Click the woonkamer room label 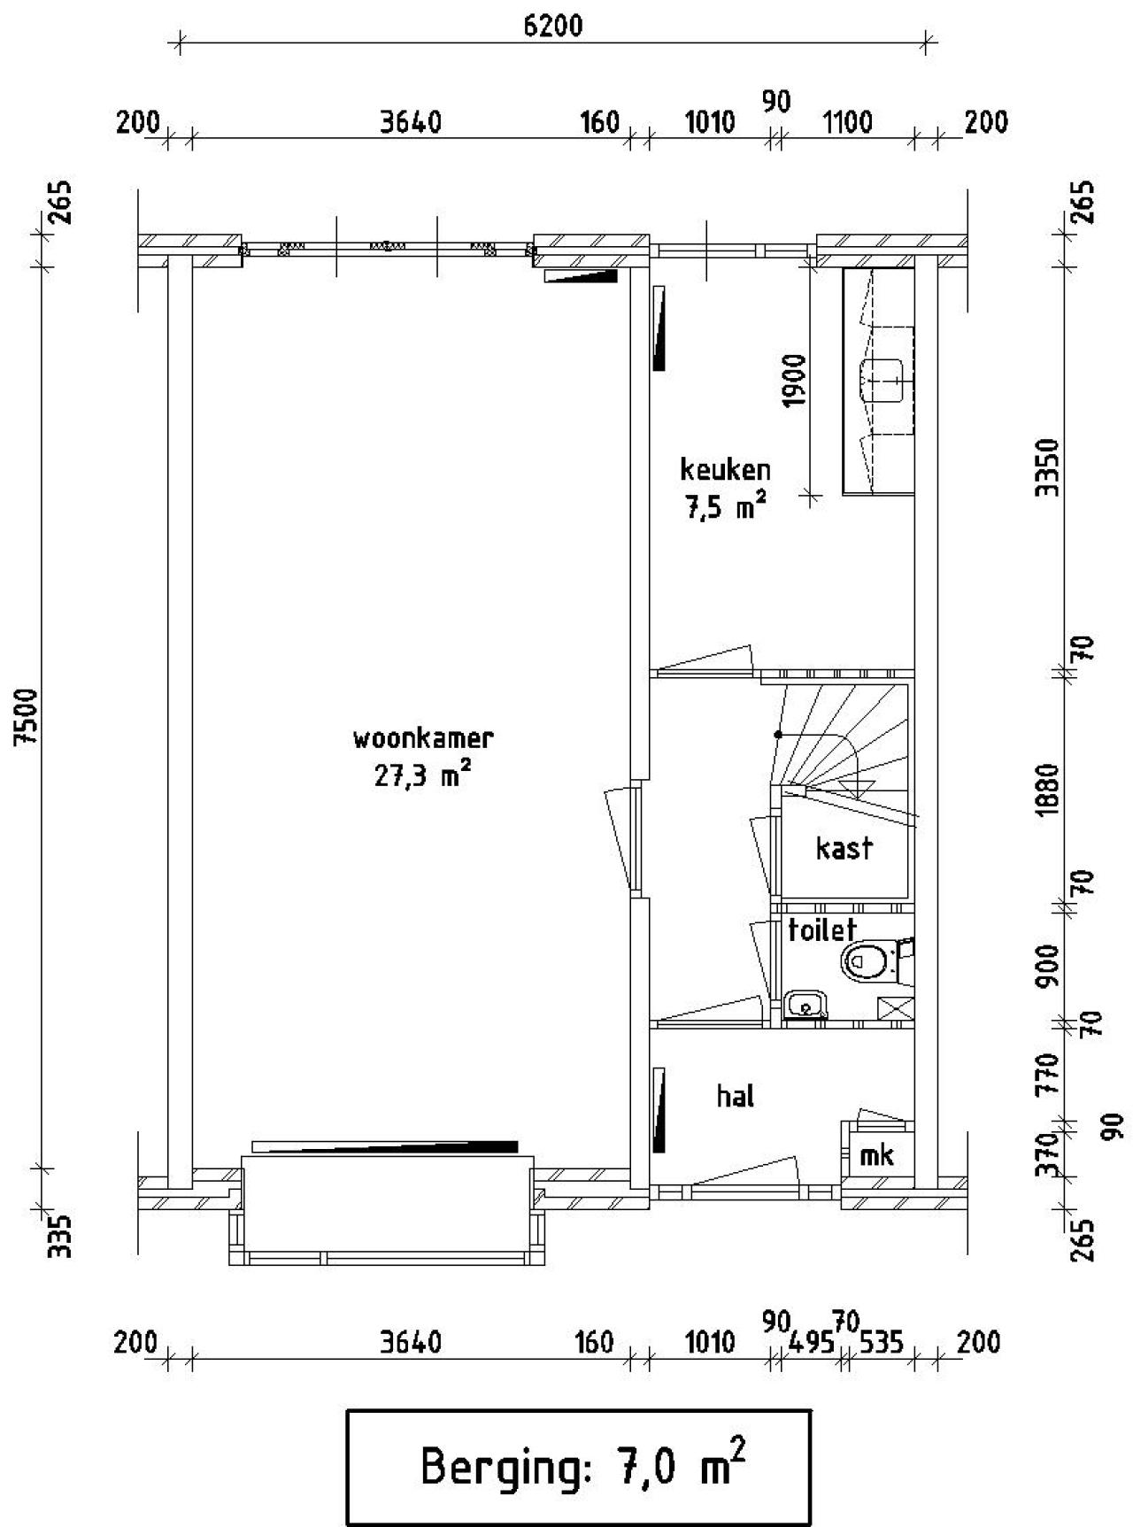pyautogui.click(x=422, y=737)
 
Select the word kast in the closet pyautogui.click(x=844, y=848)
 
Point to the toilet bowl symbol pyautogui.click(x=866, y=960)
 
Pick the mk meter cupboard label pyautogui.click(x=876, y=1154)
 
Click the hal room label pyautogui.click(x=735, y=1096)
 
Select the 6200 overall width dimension pyautogui.click(x=553, y=26)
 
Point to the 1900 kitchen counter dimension pyautogui.click(x=795, y=380)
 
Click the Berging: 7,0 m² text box pyautogui.click(x=578, y=1467)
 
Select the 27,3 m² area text pyautogui.click(x=422, y=776)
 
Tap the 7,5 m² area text pyautogui.click(x=724, y=507)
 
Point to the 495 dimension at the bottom pyautogui.click(x=812, y=1343)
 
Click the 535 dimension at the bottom pyautogui.click(x=881, y=1343)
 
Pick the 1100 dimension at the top pyautogui.click(x=848, y=121)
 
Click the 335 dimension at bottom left pyautogui.click(x=58, y=1237)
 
